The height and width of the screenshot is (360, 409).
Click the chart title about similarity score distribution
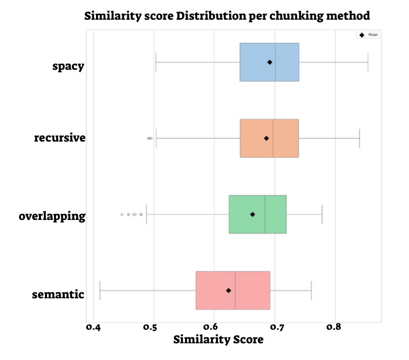click(x=227, y=16)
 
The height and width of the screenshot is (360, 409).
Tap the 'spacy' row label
click(x=68, y=66)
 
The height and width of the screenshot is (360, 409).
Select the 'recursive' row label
click(x=60, y=138)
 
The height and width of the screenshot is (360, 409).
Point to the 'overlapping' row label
click(x=52, y=216)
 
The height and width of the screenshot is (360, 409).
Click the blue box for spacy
click(x=269, y=62)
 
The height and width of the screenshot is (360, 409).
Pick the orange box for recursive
click(x=269, y=139)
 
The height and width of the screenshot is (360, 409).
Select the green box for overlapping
click(x=257, y=214)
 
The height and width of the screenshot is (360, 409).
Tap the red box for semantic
click(x=233, y=290)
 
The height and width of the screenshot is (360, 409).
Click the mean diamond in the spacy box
click(x=269, y=62)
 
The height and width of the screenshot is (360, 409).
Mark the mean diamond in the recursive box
click(x=266, y=138)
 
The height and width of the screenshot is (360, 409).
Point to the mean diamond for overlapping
click(x=252, y=214)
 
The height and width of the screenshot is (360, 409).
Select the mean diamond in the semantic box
click(x=229, y=290)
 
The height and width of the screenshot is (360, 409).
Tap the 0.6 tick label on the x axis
click(x=214, y=327)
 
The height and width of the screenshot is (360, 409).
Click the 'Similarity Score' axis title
click(x=218, y=340)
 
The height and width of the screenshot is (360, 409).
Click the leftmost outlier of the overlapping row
click(x=122, y=214)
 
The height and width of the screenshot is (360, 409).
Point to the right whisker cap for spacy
click(x=368, y=62)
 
